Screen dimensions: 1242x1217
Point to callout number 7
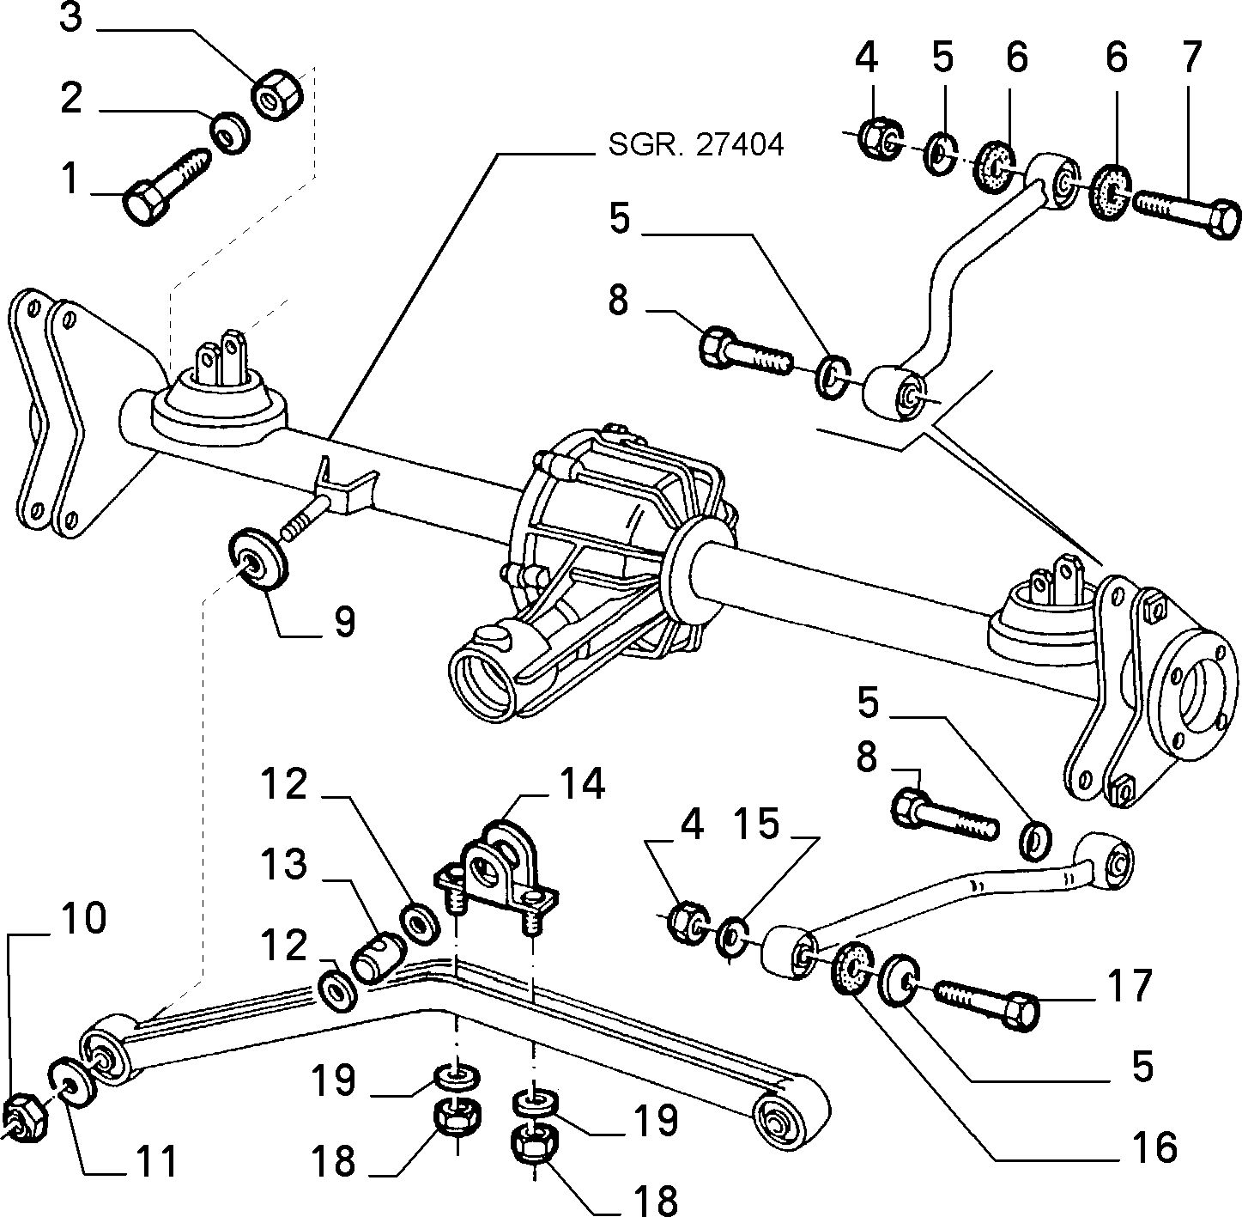coord(1191,58)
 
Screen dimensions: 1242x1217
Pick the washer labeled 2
coord(230,133)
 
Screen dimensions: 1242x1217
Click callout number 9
coord(345,623)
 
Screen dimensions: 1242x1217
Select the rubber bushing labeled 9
coord(257,558)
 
